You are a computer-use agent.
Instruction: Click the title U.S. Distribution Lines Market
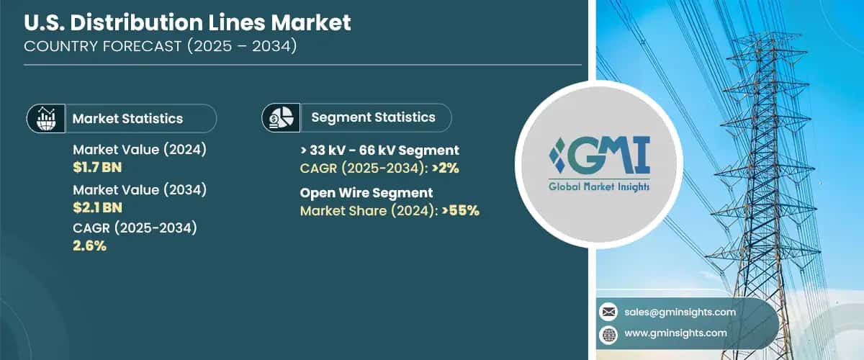pos(188,23)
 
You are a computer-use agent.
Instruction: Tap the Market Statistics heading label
pos(127,119)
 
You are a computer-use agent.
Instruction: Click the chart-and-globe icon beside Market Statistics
pos(45,119)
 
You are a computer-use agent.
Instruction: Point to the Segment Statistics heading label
pos(373,117)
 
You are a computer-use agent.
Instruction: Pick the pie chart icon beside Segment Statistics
pos(280,117)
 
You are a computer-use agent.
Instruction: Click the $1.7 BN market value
pos(97,167)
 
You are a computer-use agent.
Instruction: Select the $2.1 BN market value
pos(97,207)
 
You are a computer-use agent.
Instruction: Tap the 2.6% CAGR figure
pos(90,246)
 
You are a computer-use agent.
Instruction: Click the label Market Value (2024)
pos(140,150)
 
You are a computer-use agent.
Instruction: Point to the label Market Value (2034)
pos(140,190)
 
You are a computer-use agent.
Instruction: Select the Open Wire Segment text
pos(366,193)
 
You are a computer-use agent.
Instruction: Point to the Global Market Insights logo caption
pos(599,186)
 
